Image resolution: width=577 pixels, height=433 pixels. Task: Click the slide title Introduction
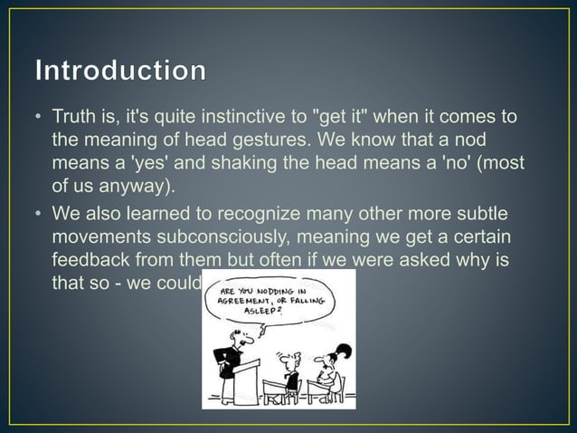point(120,70)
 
